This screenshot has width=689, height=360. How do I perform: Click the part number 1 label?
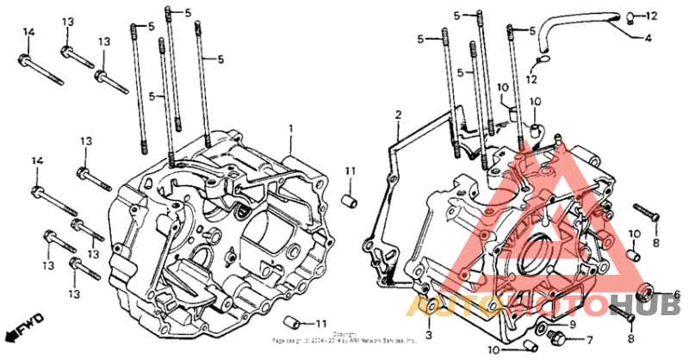coord(291,128)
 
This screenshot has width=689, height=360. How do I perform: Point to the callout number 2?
coord(399,115)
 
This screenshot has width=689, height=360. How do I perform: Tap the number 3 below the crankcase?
coord(428,333)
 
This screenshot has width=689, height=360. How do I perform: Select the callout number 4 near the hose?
coord(649,39)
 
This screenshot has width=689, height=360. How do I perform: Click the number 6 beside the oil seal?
coord(676,295)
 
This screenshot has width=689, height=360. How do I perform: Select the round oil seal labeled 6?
coord(651,291)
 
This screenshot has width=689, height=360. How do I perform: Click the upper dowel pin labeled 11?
coord(351,201)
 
